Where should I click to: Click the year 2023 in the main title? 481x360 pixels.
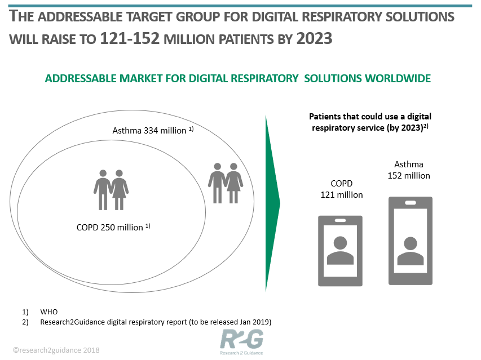click(x=314, y=39)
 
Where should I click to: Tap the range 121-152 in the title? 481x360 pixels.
click(x=130, y=39)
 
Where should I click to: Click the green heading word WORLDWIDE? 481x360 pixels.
click(x=398, y=78)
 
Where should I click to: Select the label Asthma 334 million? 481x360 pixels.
click(x=153, y=130)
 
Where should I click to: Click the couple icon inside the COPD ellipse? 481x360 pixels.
click(x=111, y=190)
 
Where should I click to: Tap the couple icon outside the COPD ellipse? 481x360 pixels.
click(x=226, y=183)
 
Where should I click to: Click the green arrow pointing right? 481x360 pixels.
click(x=272, y=203)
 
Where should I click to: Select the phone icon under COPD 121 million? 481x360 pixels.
click(x=340, y=251)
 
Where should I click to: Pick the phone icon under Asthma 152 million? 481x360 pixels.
click(x=411, y=241)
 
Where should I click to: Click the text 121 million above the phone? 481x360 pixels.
click(x=341, y=195)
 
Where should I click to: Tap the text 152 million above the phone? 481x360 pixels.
click(x=409, y=176)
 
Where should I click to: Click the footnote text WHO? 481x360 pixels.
click(x=48, y=312)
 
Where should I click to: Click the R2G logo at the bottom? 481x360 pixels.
click(x=241, y=342)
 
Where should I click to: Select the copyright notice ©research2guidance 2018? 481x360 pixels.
click(x=56, y=350)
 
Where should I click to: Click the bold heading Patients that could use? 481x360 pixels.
click(x=370, y=117)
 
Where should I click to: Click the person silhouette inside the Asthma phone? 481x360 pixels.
click(x=411, y=251)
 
